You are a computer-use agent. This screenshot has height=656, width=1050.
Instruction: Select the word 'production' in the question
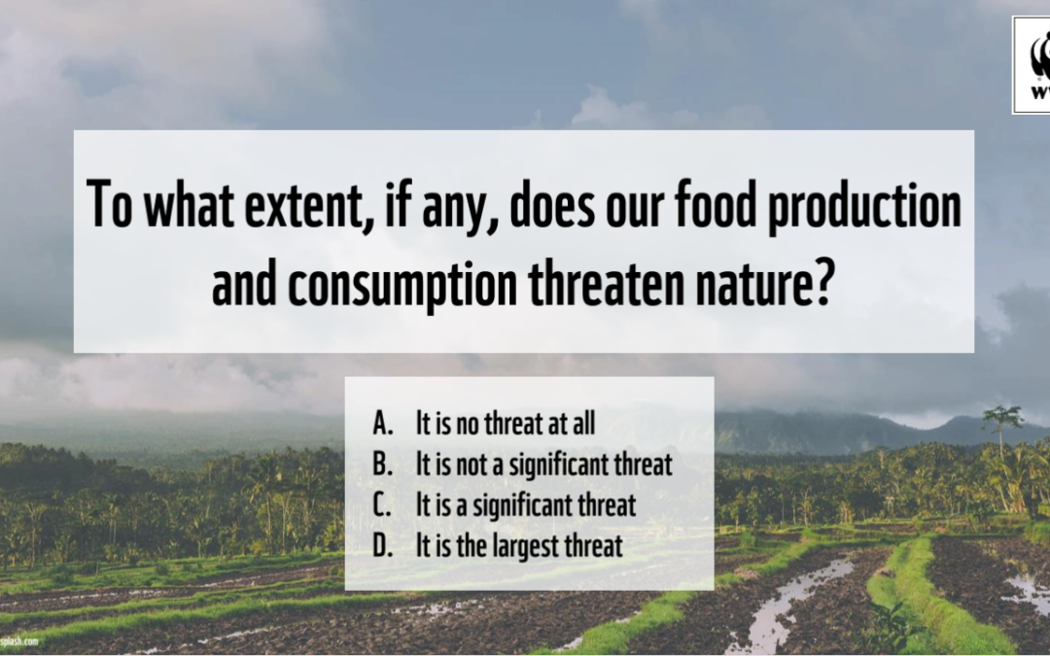pos(864,207)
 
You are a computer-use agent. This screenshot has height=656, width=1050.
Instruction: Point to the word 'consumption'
pos(402,287)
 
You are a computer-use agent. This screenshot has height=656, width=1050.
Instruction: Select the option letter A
pos(382,423)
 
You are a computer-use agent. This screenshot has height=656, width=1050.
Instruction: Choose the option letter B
pos(382,464)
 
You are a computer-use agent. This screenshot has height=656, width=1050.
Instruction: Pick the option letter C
pos(382,504)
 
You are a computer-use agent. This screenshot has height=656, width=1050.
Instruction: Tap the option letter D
pos(382,545)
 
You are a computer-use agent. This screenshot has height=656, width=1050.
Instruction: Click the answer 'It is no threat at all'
pos(506,423)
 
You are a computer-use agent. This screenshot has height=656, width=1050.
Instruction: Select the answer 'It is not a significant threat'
pos(543,465)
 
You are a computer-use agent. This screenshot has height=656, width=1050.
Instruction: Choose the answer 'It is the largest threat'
pos(519,546)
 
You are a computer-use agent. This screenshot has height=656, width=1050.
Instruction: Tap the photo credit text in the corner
pos(18,640)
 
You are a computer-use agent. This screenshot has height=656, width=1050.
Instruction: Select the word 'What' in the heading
pos(190,204)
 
